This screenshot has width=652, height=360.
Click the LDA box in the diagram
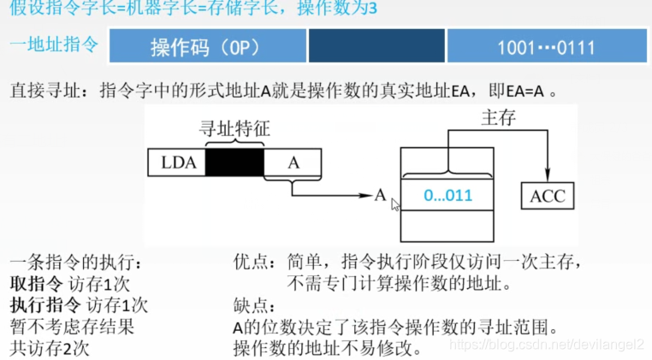pyautogui.click(x=177, y=163)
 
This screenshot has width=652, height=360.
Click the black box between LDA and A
pyautogui.click(x=234, y=163)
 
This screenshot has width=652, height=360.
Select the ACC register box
pyautogui.click(x=548, y=196)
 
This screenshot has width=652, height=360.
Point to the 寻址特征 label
pyautogui.click(x=234, y=129)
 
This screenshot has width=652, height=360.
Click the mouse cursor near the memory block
pyautogui.click(x=394, y=204)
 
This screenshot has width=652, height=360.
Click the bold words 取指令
pyautogui.click(x=33, y=283)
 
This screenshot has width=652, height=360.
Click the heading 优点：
pyautogui.click(x=254, y=262)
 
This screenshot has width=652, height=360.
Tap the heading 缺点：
pyautogui.click(x=254, y=305)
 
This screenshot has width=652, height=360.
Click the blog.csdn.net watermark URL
pyautogui.click(x=548, y=344)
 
